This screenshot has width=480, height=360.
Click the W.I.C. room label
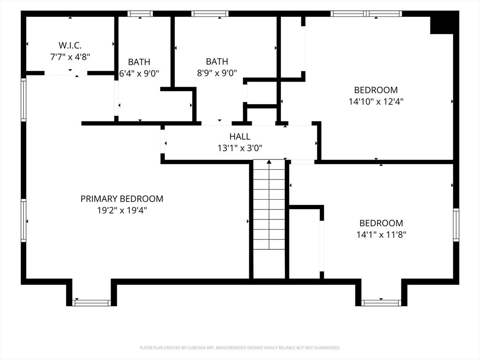click(70, 45)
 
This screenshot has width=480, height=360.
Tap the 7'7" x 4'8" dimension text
click(70, 57)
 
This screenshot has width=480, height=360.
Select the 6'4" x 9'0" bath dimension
click(139, 74)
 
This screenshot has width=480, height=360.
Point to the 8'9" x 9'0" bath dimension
click(217, 73)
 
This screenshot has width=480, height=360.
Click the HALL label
click(240, 136)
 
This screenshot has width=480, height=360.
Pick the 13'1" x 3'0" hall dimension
click(240, 148)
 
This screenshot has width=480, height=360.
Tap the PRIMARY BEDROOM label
click(122, 199)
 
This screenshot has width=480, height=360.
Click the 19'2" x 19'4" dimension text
click(122, 210)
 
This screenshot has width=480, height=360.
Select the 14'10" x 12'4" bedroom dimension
click(376, 101)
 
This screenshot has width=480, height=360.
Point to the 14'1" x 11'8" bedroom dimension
click(381, 234)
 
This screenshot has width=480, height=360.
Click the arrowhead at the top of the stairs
click(269, 162)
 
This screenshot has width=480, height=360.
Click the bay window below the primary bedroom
click(91, 303)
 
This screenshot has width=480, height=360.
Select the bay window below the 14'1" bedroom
click(381, 303)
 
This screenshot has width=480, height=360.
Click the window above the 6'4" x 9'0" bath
click(140, 14)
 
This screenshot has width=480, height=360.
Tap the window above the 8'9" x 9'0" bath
click(210, 14)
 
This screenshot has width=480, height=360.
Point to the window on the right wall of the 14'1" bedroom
click(456, 225)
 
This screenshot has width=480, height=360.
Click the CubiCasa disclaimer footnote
click(240, 348)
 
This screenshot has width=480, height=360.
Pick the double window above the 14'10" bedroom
click(366, 14)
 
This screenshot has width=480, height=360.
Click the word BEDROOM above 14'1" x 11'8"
click(381, 223)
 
